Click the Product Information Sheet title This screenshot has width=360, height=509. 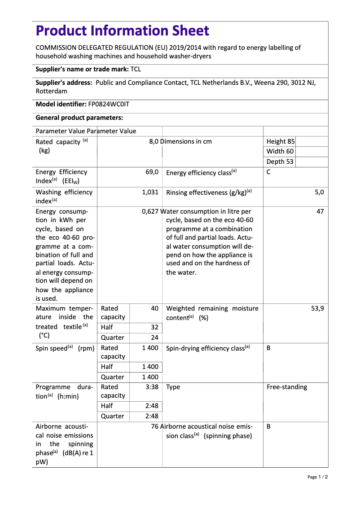click(x=122, y=31)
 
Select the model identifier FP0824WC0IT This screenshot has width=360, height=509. click(x=109, y=104)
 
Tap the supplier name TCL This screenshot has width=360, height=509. click(x=136, y=69)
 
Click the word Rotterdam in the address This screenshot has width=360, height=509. click(x=52, y=91)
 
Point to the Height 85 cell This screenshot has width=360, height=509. click(x=281, y=141)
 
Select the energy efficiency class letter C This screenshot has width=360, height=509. click(x=268, y=172)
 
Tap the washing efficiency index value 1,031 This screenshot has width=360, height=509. click(x=150, y=192)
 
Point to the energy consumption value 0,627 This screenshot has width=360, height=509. click(x=150, y=211)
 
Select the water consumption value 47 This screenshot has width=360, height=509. click(x=320, y=211)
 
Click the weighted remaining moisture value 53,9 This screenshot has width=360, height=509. click(x=317, y=308)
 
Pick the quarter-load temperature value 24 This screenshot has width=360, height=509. click(x=154, y=338)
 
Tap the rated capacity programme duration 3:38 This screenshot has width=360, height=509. click(x=152, y=387)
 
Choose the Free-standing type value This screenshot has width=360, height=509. click(x=287, y=387)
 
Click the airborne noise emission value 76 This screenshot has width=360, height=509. click(x=155, y=426)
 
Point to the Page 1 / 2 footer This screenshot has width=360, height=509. click(x=317, y=477)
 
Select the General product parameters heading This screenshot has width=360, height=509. click(x=79, y=118)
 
